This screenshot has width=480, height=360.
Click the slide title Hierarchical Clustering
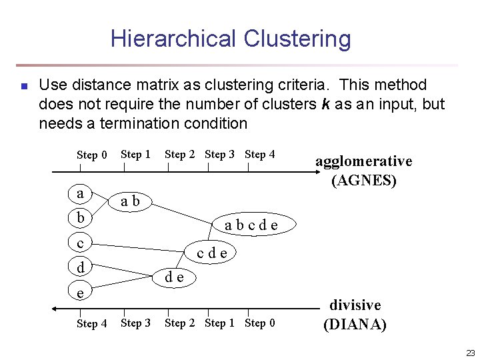[231, 39]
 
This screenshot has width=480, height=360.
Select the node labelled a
[81, 194]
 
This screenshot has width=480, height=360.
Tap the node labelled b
[81, 218]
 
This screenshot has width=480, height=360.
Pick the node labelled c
[81, 243]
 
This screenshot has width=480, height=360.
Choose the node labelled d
[81, 267]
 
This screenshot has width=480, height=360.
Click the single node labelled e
[81, 292]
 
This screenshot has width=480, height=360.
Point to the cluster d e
[175, 276]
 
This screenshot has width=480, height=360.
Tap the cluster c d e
[212, 253]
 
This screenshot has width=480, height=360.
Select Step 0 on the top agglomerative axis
[92, 155]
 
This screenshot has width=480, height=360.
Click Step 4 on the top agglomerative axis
[260, 154]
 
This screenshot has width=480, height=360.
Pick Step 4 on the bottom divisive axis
[92, 324]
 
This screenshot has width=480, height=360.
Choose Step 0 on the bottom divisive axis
[260, 323]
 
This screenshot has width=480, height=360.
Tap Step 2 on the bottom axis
[180, 323]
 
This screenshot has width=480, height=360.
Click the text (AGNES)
[363, 180]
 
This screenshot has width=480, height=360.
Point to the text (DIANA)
[355, 325]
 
